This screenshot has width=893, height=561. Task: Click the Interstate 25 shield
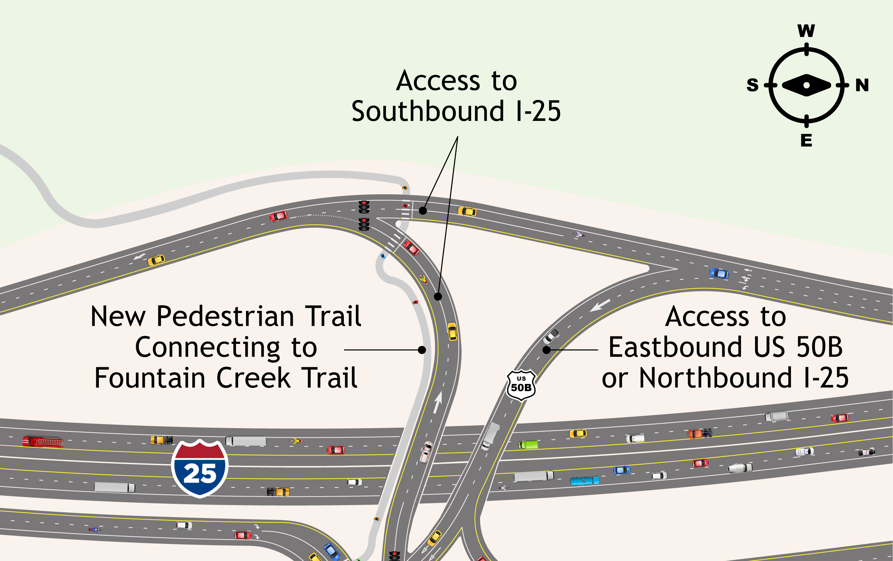[200, 468]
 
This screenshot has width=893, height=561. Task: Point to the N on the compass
[862, 85]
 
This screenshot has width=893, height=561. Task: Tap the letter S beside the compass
[752, 85]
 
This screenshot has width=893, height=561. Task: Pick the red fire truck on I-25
[43, 442]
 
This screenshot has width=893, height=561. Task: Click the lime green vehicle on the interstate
[528, 445]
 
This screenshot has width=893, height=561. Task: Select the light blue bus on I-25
[584, 481]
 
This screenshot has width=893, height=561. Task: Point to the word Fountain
[150, 378]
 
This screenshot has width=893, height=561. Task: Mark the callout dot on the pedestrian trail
[422, 350]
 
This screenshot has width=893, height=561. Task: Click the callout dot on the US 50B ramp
[546, 350]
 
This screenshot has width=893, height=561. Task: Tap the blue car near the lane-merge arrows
[719, 273]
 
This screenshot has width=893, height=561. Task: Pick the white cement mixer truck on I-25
[740, 468]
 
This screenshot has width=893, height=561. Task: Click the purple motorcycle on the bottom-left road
[94, 529]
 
